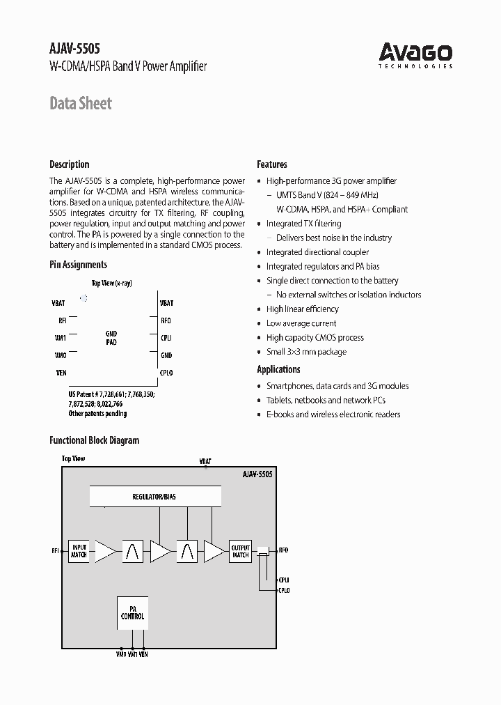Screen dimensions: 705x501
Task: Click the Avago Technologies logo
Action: click(415, 55)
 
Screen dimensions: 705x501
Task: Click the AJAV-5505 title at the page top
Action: click(75, 49)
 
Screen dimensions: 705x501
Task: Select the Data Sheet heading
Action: click(81, 104)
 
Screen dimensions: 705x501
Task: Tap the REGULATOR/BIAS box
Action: click(154, 497)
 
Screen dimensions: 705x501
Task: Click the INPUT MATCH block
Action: click(79, 552)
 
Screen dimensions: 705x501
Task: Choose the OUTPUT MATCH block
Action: click(240, 552)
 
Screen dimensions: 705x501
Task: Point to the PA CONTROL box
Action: click(132, 612)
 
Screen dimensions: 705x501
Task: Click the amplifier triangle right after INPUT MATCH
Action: click(105, 552)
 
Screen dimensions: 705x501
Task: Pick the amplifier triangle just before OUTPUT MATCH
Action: click(214, 552)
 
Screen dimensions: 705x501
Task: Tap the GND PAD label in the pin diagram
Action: click(111, 339)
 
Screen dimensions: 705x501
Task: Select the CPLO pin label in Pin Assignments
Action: click(166, 373)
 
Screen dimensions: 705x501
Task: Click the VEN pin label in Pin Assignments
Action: click(61, 373)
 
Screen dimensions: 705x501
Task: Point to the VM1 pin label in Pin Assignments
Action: click(61, 338)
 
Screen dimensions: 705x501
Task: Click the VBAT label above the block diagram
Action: click(205, 461)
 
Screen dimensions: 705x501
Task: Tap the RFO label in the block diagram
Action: click(283, 550)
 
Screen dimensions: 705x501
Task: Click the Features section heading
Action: click(272, 164)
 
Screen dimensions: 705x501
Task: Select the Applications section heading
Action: click(278, 369)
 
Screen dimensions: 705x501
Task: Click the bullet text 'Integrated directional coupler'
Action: click(317, 252)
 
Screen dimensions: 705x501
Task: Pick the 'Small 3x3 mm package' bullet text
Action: click(306, 352)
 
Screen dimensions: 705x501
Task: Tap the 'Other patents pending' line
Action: click(97, 414)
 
